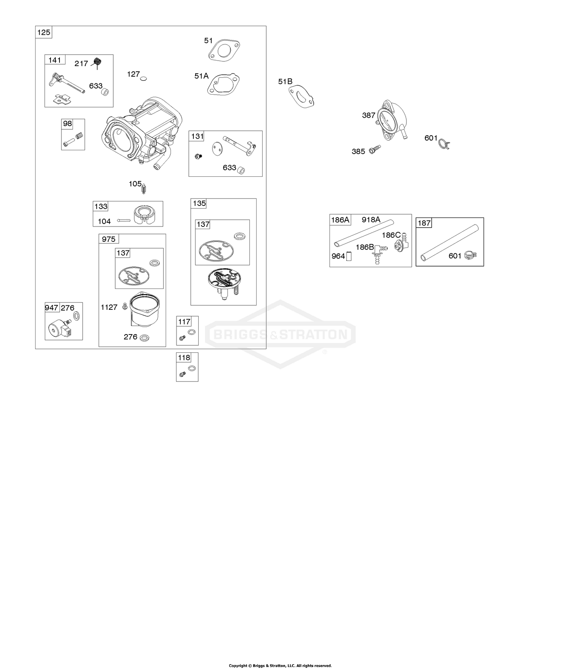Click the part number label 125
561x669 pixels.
[x=44, y=33]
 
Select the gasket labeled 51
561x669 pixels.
[x=224, y=50]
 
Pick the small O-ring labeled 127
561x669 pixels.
[x=144, y=79]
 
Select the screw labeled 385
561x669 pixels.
[x=374, y=149]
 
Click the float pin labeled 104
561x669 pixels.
[x=123, y=221]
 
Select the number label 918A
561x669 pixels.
[x=371, y=220]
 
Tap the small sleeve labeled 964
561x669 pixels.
[x=349, y=256]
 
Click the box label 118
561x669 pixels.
[x=184, y=358]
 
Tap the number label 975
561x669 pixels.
[x=108, y=239]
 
